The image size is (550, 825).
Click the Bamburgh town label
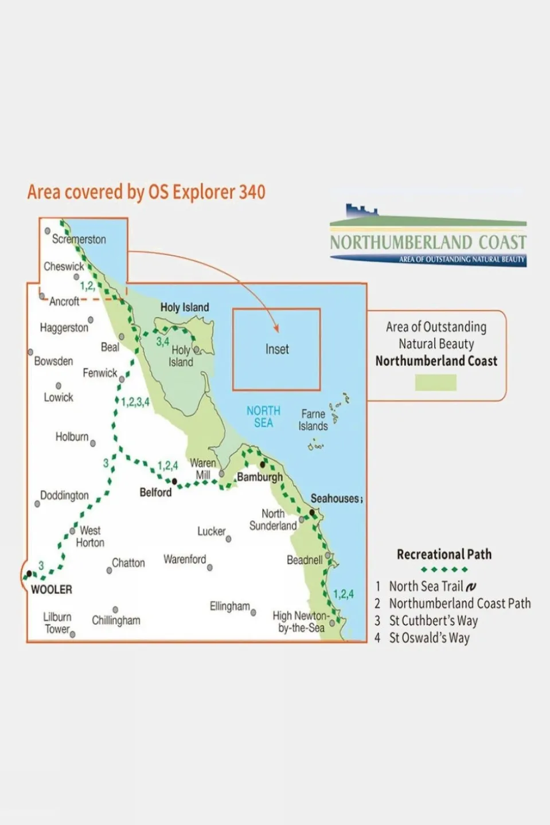[260, 477]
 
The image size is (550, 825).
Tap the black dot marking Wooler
[29, 573]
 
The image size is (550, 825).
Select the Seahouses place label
[335, 498]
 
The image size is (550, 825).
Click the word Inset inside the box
[276, 349]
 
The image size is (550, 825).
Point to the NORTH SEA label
[263, 417]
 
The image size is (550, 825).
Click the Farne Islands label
[313, 420]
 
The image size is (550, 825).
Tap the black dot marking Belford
[174, 482]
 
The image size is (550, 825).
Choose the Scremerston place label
[79, 239]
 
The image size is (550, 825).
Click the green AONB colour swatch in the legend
[435, 382]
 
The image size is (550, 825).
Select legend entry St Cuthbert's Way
[433, 620]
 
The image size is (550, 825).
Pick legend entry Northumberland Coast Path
[459, 603]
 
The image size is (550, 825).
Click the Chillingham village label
[116, 620]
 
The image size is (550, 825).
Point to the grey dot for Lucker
[228, 539]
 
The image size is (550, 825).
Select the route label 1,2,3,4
[135, 402]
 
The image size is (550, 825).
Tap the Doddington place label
[64, 495]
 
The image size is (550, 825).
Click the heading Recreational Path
[444, 554]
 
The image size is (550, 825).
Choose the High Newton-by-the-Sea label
[301, 621]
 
